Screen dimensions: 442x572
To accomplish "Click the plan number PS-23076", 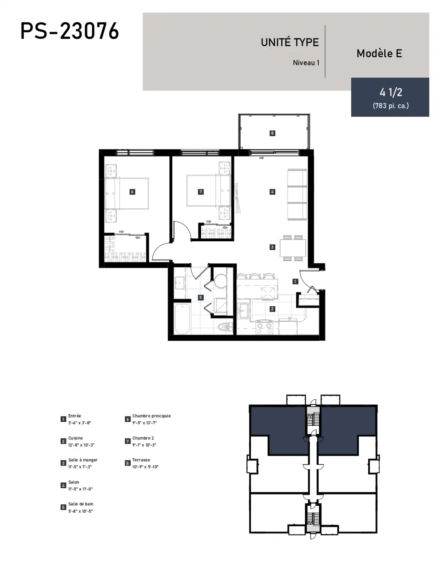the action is [x=70, y=31].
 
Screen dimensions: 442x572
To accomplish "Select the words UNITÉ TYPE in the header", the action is [x=290, y=42].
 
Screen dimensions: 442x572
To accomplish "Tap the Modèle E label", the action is [x=379, y=53].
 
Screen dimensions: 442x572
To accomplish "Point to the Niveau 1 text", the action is [x=306, y=63].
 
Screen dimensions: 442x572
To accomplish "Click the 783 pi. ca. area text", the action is [x=391, y=105].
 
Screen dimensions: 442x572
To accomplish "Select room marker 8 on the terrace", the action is [x=272, y=133].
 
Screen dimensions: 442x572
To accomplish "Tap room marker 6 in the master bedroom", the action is [x=132, y=192].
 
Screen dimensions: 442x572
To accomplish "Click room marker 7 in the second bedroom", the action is [x=201, y=192].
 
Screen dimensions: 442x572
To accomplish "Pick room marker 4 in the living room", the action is [x=272, y=192].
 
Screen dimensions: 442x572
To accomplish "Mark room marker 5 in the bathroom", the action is [x=201, y=297].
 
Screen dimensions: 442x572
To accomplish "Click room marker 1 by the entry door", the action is [x=295, y=281].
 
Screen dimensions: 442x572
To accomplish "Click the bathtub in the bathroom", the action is [x=182, y=319].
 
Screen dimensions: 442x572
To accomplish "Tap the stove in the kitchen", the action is [x=264, y=327].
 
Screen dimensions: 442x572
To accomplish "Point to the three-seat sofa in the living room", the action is [x=297, y=194].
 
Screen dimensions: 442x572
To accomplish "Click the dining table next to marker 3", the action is [x=293, y=248].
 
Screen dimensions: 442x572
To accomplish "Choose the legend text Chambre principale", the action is [x=151, y=416].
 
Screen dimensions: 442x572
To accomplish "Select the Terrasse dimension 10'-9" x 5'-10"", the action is [x=145, y=467].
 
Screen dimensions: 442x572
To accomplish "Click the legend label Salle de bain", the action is [x=80, y=504].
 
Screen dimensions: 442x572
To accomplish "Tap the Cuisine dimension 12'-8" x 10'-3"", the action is [x=81, y=445].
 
